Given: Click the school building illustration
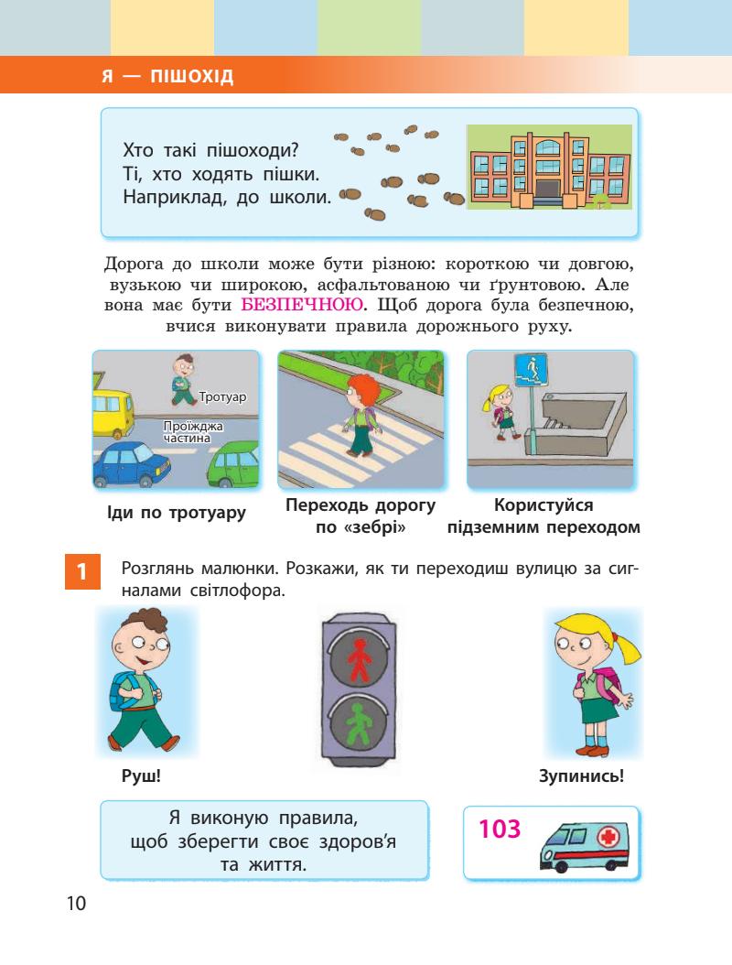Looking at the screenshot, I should pos(548,168).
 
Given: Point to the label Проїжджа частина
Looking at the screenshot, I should pos(193,432).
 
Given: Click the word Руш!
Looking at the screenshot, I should pos(141,777).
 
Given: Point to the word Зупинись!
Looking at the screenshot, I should pos(583,777).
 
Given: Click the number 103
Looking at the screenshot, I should pos(500,829).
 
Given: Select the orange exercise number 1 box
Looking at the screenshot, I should pos(81,574).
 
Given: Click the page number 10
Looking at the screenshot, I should pos(76,905).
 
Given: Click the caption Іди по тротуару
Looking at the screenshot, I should pos(177,513).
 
